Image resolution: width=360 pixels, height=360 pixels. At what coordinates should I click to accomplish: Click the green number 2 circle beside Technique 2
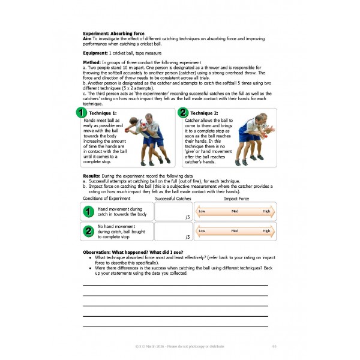pyautogui.click(x=183, y=112)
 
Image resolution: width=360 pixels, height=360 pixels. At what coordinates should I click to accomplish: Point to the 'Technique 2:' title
pyautogui.click(x=204, y=113)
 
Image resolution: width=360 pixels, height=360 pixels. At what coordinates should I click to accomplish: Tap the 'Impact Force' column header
pyautogui.click(x=236, y=198)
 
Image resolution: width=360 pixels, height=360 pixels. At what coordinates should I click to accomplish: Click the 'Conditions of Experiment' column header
pyautogui.click(x=107, y=198)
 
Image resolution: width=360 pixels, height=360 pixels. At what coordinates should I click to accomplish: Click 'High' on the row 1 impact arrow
pyautogui.click(x=266, y=211)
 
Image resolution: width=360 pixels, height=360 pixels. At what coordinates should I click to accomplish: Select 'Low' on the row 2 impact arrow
pyautogui.click(x=202, y=230)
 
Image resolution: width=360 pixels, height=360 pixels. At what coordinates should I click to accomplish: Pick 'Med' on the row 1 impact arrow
pyautogui.click(x=235, y=211)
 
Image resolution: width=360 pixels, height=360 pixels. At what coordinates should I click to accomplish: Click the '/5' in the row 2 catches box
pyautogui.click(x=188, y=237)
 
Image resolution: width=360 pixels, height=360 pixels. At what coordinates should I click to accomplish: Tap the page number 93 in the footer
pyautogui.click(x=274, y=346)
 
